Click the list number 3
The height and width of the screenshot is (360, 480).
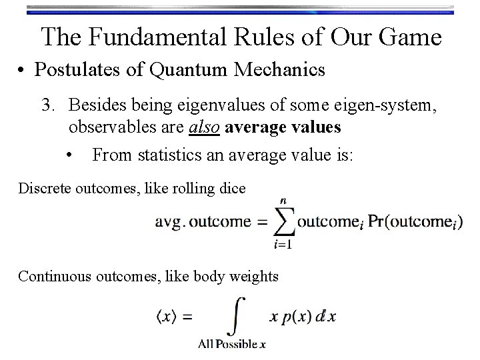click(47, 106)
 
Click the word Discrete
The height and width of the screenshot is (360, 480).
click(41, 189)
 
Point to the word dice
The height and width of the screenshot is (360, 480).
click(232, 189)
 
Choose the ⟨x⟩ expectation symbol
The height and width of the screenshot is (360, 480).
click(167, 317)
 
